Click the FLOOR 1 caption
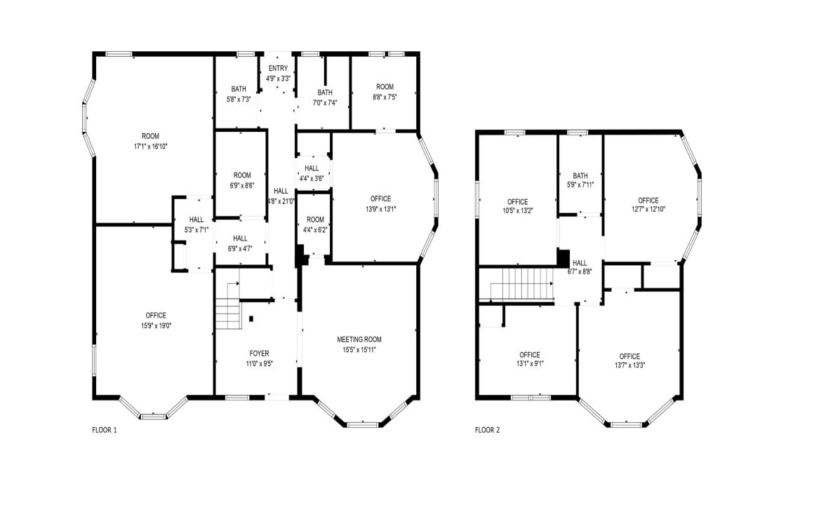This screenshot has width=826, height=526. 104,430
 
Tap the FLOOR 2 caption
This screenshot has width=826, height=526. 487,430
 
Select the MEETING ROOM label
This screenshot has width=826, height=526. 359,339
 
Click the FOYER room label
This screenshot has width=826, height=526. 259,353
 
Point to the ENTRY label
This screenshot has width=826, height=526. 278,68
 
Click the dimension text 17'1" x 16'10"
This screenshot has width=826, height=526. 150,146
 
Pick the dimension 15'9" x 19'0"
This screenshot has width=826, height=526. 156,325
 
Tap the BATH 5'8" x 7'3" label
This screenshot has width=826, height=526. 239,94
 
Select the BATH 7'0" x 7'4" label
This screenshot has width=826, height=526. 324,97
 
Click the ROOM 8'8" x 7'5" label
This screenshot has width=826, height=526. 385,92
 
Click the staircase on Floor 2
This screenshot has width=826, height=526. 518,287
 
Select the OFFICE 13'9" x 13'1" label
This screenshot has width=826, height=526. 380,203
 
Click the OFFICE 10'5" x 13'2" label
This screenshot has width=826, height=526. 517,206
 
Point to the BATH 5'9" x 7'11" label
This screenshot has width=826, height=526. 580,180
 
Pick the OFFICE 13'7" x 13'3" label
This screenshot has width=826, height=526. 629,360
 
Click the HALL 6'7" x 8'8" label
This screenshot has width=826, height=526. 579,267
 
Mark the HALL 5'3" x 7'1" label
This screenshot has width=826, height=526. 196,224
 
